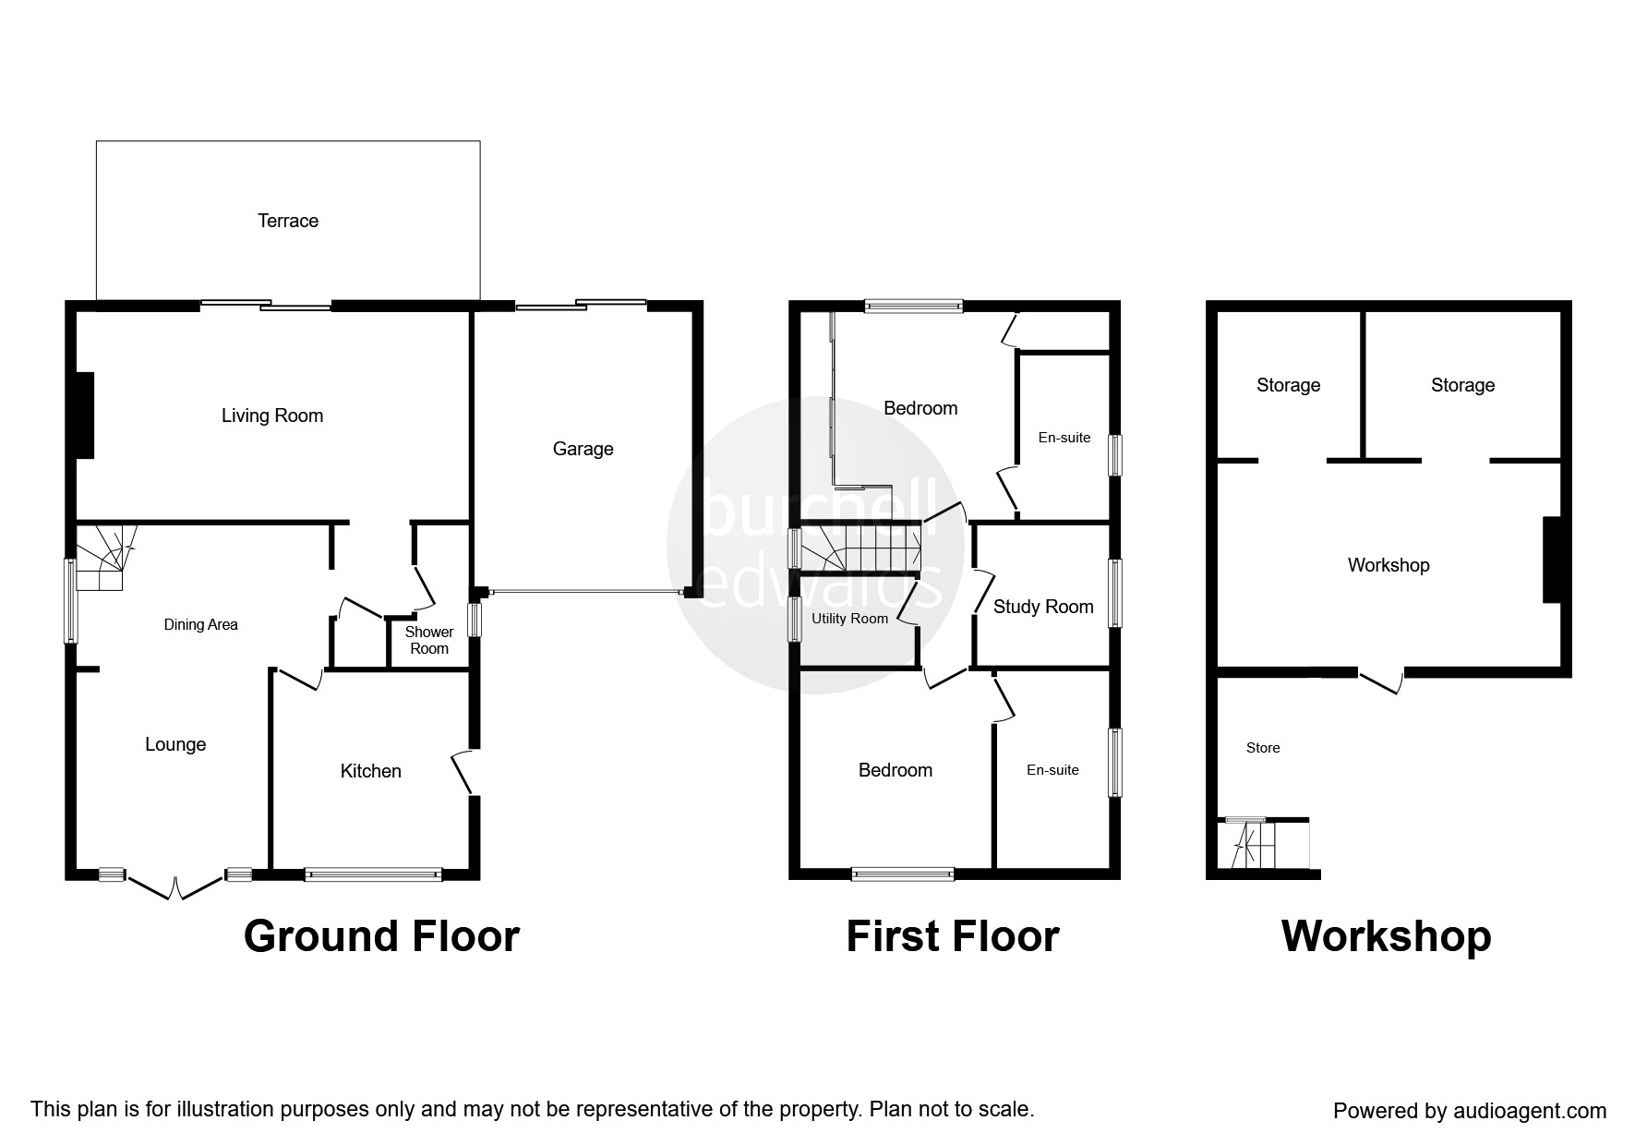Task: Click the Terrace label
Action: pos(288,221)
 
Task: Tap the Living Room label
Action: pos(272,416)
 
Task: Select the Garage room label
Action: pos(583,449)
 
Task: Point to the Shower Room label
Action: pos(429,640)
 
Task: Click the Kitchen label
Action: pos(371,771)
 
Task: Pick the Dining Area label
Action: pos(200,624)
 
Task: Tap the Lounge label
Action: pos(175,744)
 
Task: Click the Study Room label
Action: pos(1043,607)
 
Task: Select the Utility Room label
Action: pos(849,619)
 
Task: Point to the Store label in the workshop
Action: pos(1263,748)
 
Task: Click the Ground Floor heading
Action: pos(381,936)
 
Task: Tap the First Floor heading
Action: pos(953,936)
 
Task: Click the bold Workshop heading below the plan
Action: pos(1386,937)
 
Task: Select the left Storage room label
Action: pos(1288,385)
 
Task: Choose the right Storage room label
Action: pos(1462,385)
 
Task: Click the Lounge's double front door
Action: pos(175,886)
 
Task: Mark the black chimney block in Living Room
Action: pos(85,415)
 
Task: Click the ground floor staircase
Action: pos(104,557)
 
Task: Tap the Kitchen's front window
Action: pos(373,874)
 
